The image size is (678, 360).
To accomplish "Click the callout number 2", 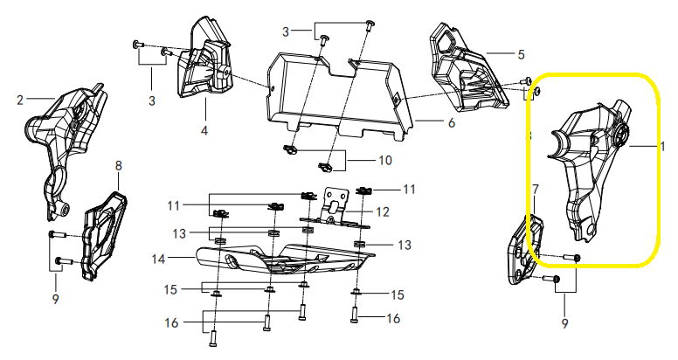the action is click(20, 100).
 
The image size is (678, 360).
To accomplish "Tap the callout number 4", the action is click(204, 130).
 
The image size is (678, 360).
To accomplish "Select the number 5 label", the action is click(521, 54).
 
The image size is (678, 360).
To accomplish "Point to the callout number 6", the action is click(452, 123).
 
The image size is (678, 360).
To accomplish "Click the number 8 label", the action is click(119, 165).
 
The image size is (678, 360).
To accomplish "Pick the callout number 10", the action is click(384, 161).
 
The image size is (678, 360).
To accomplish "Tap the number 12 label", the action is click(383, 212).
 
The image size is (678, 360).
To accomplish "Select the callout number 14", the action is click(159, 259).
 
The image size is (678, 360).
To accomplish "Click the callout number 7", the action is click(536, 189).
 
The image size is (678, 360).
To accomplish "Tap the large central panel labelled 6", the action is click(339, 93).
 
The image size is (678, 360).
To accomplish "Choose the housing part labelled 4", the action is click(204, 61).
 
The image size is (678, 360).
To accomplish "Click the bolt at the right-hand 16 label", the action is click(355, 315).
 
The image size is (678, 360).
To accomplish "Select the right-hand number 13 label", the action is click(405, 246).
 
